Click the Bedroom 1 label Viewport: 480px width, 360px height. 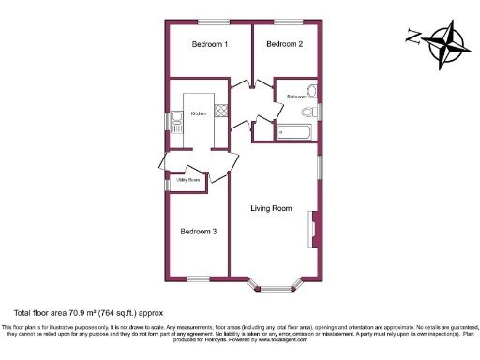(x=210, y=44)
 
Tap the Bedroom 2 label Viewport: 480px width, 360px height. (x=284, y=44)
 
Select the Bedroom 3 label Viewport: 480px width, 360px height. (x=199, y=232)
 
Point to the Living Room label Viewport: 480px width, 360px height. (x=271, y=208)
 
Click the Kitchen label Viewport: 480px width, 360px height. (x=199, y=114)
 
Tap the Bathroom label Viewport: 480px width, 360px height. (x=297, y=97)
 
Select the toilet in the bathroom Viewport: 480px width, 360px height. (x=313, y=92)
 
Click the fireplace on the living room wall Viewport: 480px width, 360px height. (x=313, y=228)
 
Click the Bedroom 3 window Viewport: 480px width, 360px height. (x=199, y=277)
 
